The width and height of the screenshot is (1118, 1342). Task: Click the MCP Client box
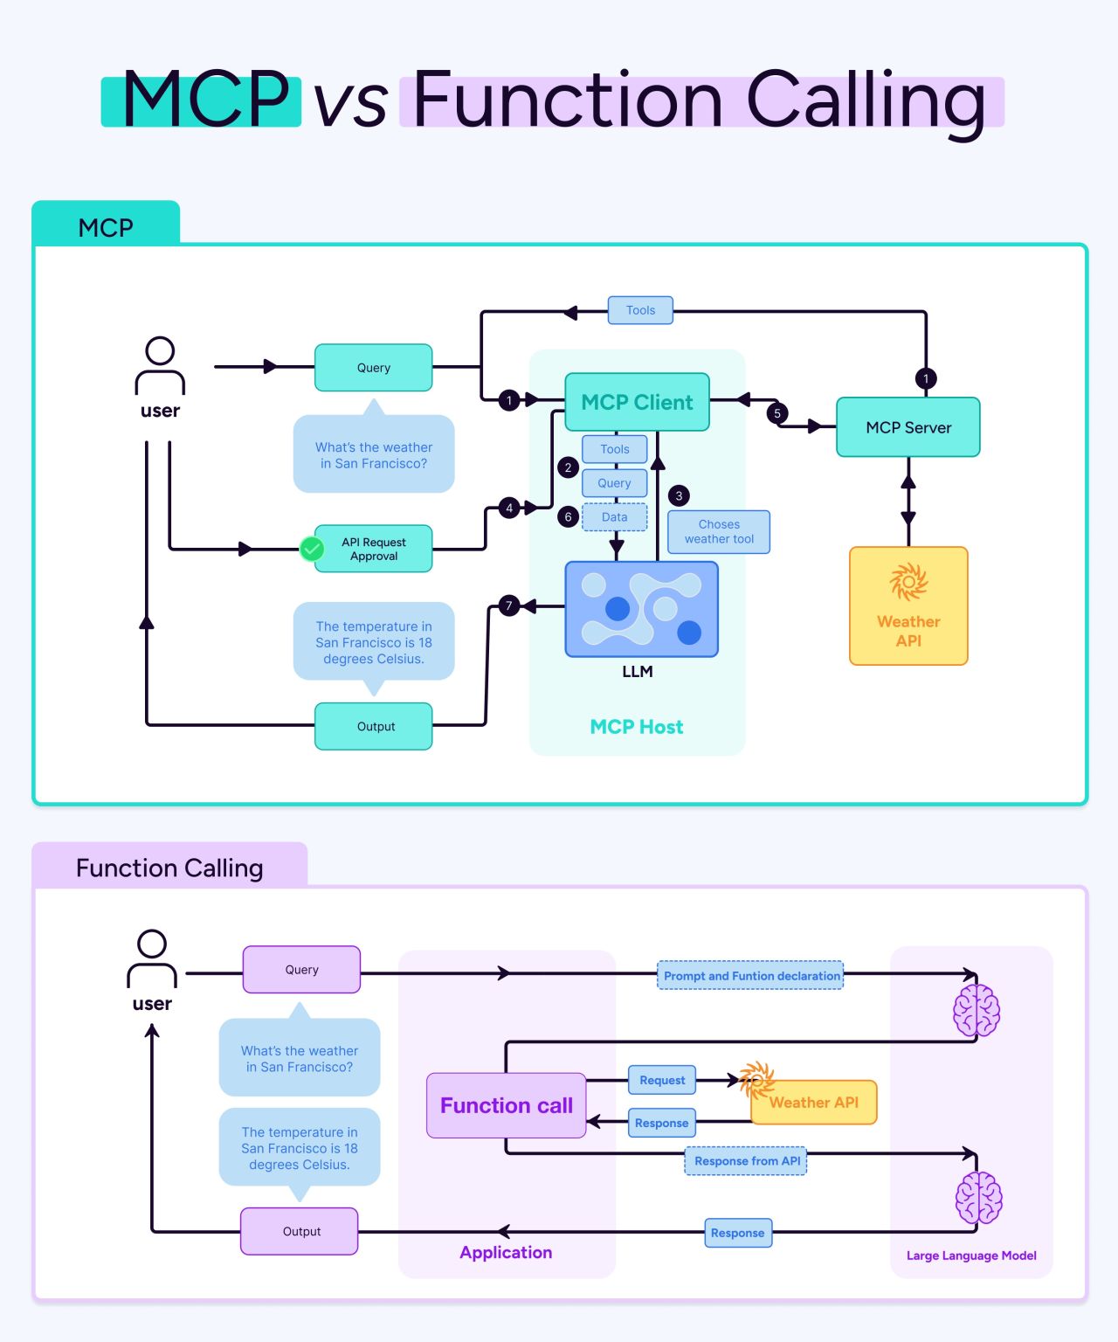click(637, 402)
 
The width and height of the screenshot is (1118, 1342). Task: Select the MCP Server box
click(908, 427)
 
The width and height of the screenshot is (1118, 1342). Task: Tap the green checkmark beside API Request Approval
click(312, 549)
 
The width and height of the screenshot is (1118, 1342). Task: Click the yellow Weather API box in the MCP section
click(908, 606)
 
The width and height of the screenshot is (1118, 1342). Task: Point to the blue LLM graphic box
click(641, 609)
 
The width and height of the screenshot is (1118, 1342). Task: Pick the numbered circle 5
click(777, 413)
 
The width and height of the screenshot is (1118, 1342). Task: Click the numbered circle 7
click(509, 605)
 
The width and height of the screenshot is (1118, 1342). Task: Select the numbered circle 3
click(679, 495)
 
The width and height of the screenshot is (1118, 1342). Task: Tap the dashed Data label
click(614, 517)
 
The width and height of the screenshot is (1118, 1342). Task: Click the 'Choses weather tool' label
click(719, 532)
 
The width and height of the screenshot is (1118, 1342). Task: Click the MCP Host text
click(637, 727)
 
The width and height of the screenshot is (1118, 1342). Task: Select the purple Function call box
click(506, 1105)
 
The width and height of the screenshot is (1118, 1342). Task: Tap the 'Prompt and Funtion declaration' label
click(750, 976)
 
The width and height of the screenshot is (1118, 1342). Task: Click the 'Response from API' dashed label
click(746, 1161)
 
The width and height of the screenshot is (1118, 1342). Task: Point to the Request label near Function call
click(662, 1081)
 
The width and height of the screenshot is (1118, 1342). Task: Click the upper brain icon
click(976, 1010)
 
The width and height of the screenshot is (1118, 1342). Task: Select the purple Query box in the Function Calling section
click(301, 970)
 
